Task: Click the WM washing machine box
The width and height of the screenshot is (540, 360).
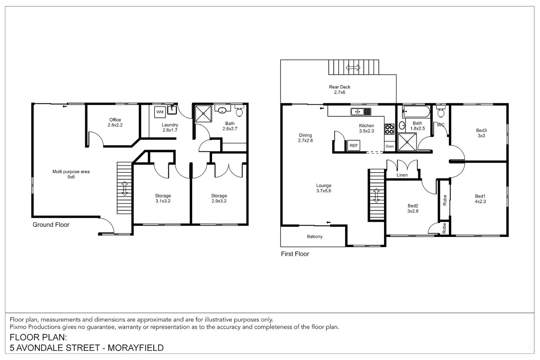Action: click(160, 112)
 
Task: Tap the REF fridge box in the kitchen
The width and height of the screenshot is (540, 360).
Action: click(354, 145)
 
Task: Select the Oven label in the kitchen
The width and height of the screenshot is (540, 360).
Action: click(390, 147)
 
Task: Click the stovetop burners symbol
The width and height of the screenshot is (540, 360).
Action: click(390, 129)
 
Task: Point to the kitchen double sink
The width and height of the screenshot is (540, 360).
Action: click(361, 112)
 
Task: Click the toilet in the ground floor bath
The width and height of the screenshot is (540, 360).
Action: click(239, 111)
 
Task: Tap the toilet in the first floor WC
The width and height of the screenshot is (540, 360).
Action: click(441, 111)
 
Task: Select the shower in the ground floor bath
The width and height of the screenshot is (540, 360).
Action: click(203, 113)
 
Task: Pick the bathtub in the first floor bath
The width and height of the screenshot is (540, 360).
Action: click(416, 112)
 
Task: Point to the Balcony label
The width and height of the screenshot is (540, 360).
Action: click(315, 237)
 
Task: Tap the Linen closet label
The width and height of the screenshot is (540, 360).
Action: click(402, 175)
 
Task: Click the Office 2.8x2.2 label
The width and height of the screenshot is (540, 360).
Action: click(115, 122)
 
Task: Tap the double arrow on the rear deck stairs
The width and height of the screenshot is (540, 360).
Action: click(353, 68)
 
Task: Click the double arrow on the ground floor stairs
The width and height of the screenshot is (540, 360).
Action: click(125, 188)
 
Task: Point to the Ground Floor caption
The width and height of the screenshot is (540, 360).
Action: click(51, 225)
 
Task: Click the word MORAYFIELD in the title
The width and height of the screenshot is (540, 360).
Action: click(135, 348)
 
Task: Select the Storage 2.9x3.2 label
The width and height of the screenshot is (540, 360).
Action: click(219, 198)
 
